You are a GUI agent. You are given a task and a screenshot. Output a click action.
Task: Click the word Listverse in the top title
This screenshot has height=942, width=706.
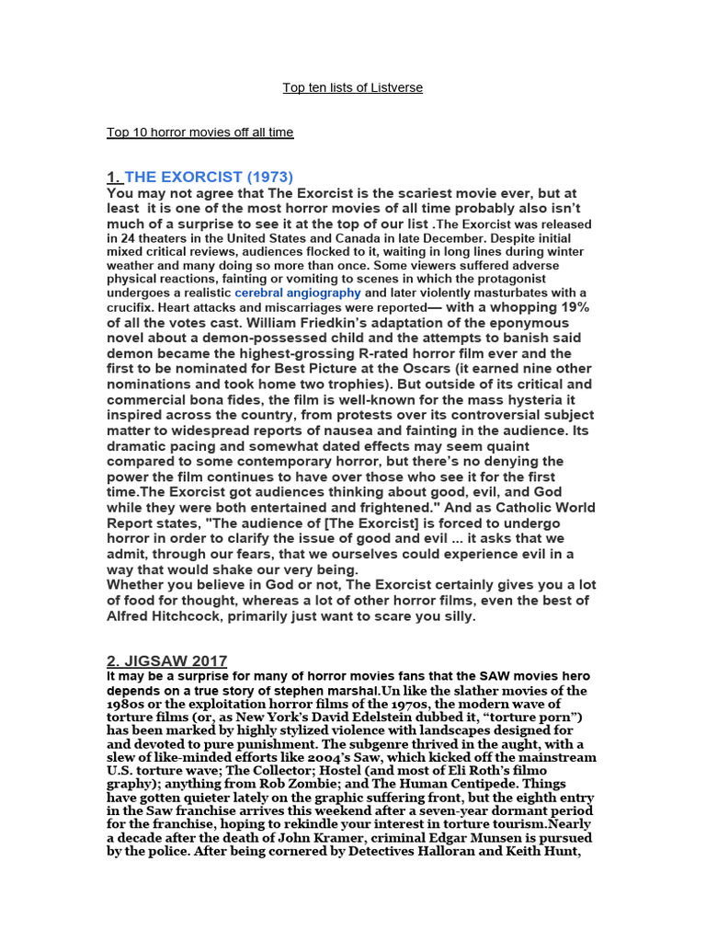point(396,87)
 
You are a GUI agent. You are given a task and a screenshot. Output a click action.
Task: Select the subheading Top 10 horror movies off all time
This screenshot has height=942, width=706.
point(199,132)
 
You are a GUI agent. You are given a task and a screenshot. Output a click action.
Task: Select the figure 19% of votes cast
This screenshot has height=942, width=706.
point(569,307)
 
